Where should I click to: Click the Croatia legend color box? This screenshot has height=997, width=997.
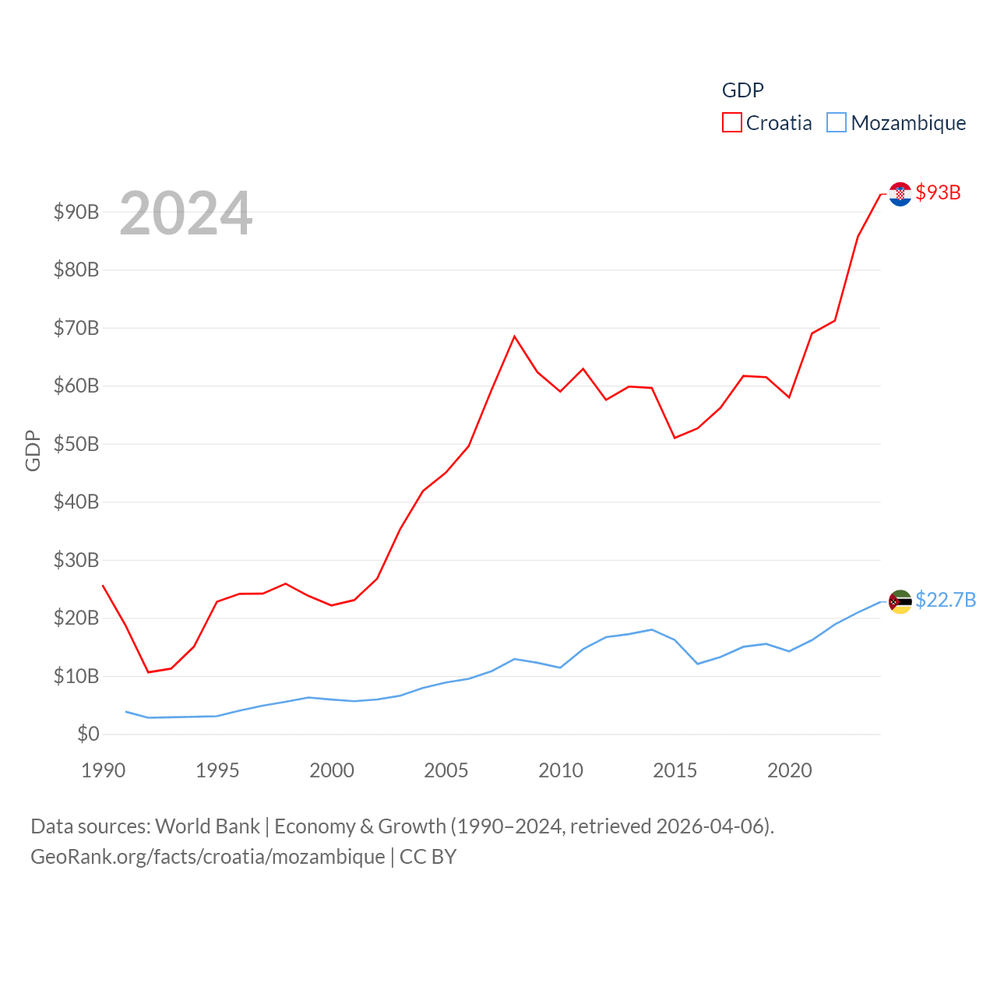click(732, 123)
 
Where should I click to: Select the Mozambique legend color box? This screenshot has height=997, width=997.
click(836, 123)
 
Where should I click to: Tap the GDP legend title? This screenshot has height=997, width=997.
click(742, 90)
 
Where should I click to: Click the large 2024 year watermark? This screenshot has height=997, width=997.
click(186, 213)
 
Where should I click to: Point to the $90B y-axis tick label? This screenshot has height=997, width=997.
click(76, 212)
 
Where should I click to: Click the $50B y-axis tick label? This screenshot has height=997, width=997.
click(76, 444)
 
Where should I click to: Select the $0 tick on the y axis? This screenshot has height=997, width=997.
click(88, 734)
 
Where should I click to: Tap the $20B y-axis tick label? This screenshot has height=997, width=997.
click(76, 618)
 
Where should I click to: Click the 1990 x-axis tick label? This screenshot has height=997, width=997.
click(103, 770)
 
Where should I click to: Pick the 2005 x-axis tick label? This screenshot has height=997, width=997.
click(446, 770)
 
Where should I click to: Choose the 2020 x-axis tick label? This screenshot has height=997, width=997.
click(790, 770)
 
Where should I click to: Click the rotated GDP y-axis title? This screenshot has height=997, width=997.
click(33, 450)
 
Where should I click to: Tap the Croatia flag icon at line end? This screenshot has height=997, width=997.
click(900, 194)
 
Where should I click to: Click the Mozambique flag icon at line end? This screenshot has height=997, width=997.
click(900, 601)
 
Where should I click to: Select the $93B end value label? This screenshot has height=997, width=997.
click(938, 192)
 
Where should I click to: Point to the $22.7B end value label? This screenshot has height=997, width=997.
click(946, 600)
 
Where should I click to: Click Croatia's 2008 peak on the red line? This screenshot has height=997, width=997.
click(514, 336)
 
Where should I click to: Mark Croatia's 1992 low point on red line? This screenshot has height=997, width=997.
click(148, 672)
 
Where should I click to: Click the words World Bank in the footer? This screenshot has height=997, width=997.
click(207, 826)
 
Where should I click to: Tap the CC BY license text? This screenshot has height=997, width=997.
click(428, 857)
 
